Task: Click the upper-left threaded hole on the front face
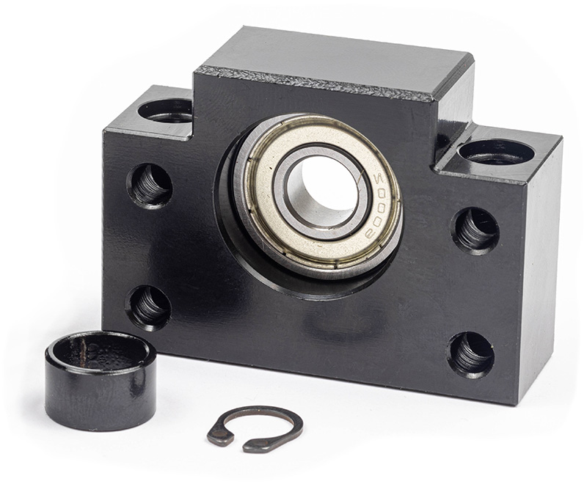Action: pyautogui.click(x=150, y=186)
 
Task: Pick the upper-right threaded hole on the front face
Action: pyautogui.click(x=475, y=231)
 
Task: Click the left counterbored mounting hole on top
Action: pyautogui.click(x=164, y=110)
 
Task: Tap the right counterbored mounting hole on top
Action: pyautogui.click(x=497, y=153)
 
